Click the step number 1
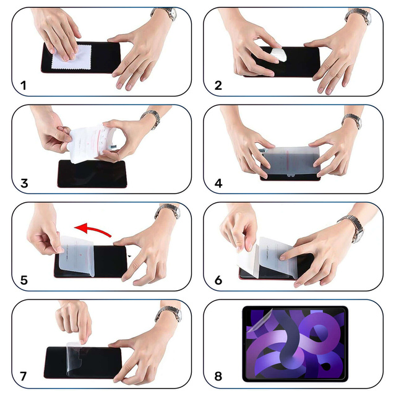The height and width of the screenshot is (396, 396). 24,85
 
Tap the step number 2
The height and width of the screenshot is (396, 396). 218,85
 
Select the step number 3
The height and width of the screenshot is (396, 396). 24,183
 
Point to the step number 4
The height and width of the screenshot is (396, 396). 218,183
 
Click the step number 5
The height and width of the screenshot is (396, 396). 24,280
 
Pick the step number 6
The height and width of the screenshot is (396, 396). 218,280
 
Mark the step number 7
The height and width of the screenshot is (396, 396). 24,376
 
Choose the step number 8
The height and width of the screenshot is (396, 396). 218,376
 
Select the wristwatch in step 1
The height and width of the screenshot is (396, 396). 165,14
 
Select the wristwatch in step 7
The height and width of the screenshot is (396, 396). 169,314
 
